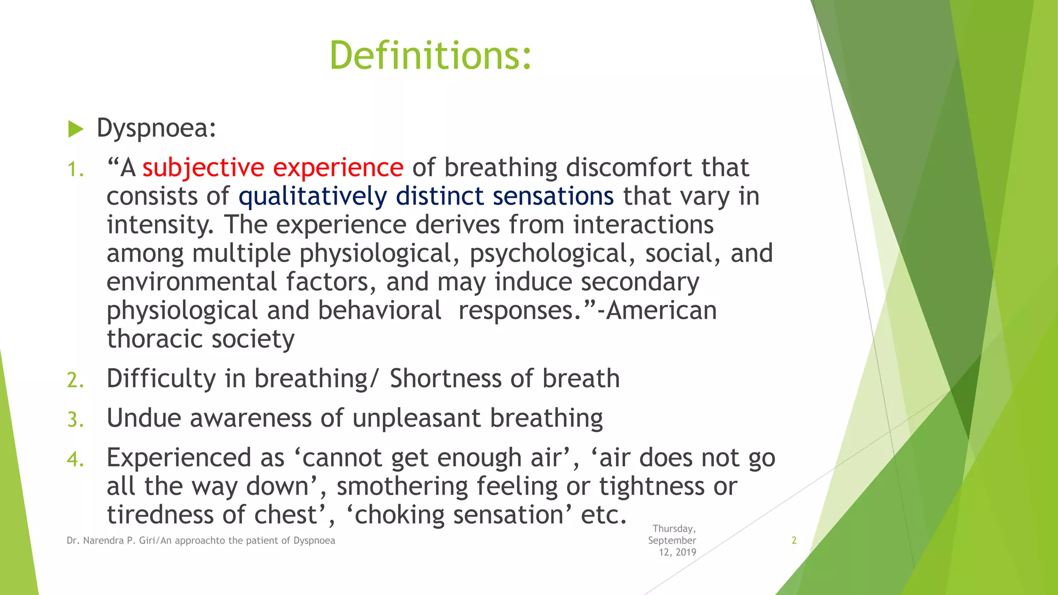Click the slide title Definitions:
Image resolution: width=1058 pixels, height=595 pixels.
pos(430,55)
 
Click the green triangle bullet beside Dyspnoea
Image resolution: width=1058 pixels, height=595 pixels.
pos(75,129)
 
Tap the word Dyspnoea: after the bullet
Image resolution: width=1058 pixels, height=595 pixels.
pos(156,128)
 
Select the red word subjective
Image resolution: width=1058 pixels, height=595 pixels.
pos(203,168)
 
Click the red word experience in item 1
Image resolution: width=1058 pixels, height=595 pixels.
pos(338,168)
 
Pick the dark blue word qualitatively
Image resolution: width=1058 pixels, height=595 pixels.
pos(312,197)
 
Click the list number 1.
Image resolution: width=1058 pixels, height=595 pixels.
pos(75,169)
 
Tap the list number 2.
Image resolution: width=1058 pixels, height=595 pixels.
pos(75,380)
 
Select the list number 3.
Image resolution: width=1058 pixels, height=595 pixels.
pos(75,419)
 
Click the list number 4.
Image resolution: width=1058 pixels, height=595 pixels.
pos(75,459)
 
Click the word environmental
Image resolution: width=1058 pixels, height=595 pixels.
pos(192,282)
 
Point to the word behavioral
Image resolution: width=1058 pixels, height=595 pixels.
pos(379,310)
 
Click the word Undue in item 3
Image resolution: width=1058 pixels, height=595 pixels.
pos(143,418)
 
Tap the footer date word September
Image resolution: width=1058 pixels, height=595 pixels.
pos(672,540)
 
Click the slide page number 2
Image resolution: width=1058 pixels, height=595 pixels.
pos(794,540)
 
